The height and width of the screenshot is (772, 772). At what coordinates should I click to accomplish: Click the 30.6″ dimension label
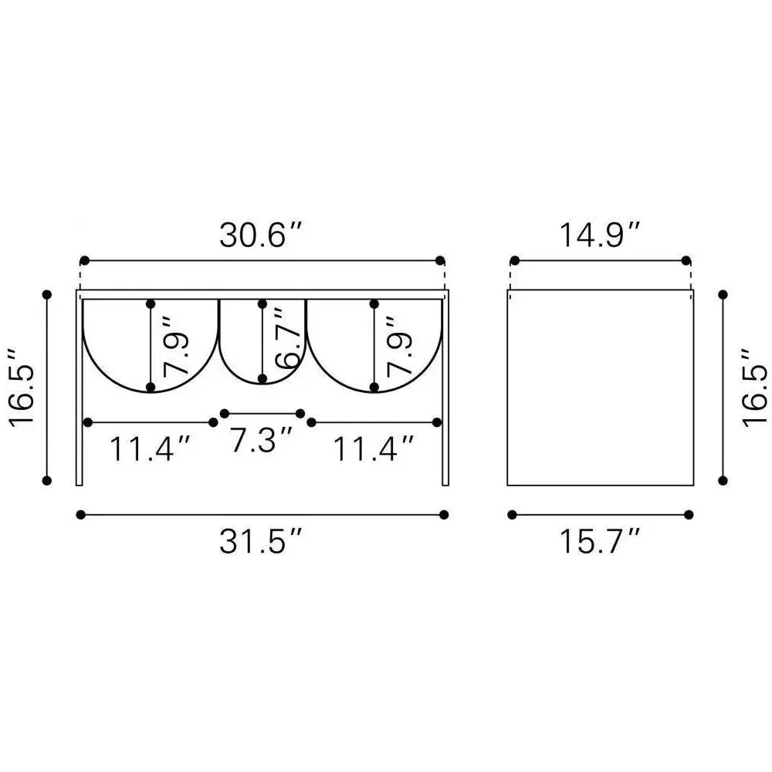(259, 235)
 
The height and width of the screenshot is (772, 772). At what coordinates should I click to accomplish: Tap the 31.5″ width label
(259, 540)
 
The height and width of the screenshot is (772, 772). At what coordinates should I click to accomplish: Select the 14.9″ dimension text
(600, 235)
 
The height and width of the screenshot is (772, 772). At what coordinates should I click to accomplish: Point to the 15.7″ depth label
(600, 540)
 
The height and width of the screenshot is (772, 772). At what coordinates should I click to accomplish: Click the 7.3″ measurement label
(262, 439)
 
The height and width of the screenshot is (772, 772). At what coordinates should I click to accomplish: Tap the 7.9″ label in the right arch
(398, 347)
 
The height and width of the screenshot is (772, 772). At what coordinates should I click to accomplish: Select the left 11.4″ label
(149, 449)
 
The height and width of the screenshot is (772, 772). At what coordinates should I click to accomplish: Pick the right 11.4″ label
(373, 449)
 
